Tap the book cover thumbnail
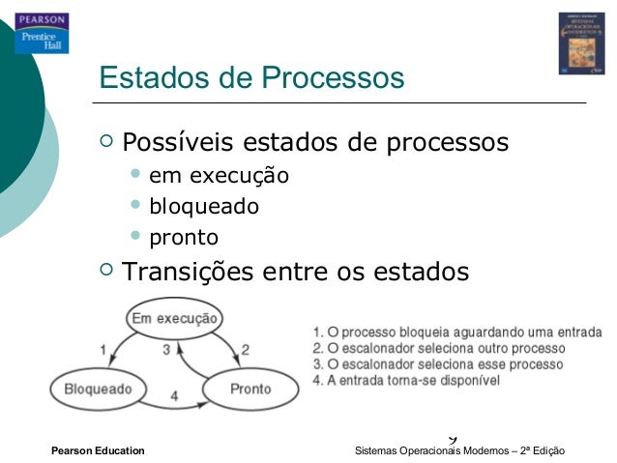581,43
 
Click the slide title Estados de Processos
251,77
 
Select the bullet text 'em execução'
219,176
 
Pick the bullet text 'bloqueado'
203,206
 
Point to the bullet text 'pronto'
183,237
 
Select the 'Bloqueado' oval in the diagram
98,389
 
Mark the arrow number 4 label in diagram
174,395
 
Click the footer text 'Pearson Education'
98,451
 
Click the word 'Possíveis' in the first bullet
176,143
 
